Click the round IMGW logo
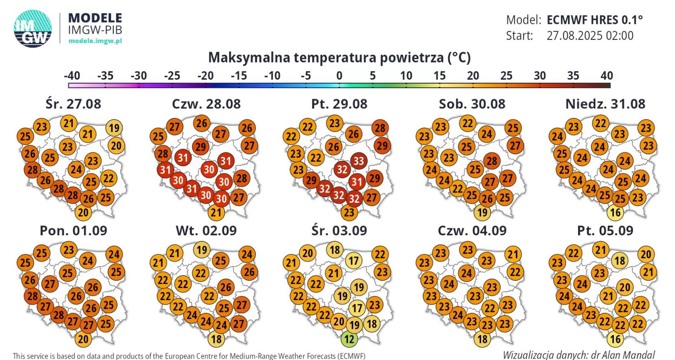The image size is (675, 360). click(x=33, y=28)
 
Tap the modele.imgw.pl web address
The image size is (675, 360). click(x=95, y=41)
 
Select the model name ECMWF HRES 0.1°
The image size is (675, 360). click(x=594, y=20)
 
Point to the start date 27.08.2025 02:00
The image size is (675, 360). click(x=590, y=36)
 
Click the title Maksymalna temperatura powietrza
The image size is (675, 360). click(x=339, y=57)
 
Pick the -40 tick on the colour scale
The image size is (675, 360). click(x=72, y=76)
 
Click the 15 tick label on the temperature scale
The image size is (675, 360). click(x=439, y=76)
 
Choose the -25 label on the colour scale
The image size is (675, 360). click(x=172, y=76)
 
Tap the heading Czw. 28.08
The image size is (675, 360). click(x=206, y=104)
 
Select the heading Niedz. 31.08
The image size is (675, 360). click(x=605, y=104)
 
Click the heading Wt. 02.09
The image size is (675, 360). click(x=206, y=230)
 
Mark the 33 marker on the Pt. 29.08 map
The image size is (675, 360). click(x=358, y=161)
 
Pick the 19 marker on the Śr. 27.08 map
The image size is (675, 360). click(x=114, y=128)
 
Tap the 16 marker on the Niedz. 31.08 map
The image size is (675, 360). click(x=616, y=212)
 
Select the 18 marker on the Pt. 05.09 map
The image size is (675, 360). click(x=620, y=260)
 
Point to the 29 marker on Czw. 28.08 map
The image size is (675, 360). click(x=200, y=146)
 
